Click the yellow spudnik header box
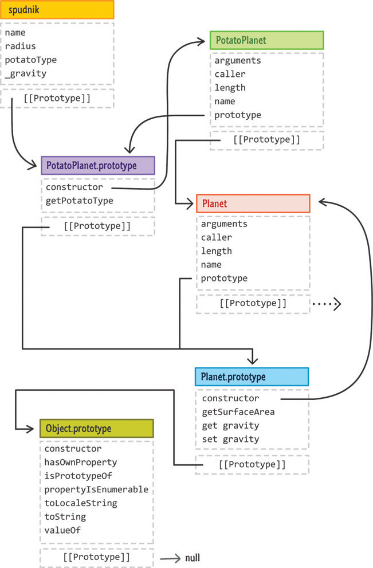[x=57, y=10]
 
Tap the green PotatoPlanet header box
[x=266, y=40]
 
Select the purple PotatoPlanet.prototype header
[x=98, y=166]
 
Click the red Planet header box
[x=253, y=203]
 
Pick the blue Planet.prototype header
[x=252, y=377]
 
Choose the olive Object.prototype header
[x=97, y=428]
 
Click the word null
[x=193, y=558]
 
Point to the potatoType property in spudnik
[x=31, y=60]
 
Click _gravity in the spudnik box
[x=26, y=73]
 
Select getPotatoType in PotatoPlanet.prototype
[x=79, y=201]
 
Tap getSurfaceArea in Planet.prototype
[x=238, y=412]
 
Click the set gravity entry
[x=230, y=439]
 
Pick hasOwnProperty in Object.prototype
[x=81, y=462]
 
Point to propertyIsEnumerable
[x=96, y=489]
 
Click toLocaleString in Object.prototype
[x=81, y=503]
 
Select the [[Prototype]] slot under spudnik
[x=57, y=98]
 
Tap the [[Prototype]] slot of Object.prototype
[x=97, y=557]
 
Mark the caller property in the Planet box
[x=216, y=237]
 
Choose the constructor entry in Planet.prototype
[x=230, y=398]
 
